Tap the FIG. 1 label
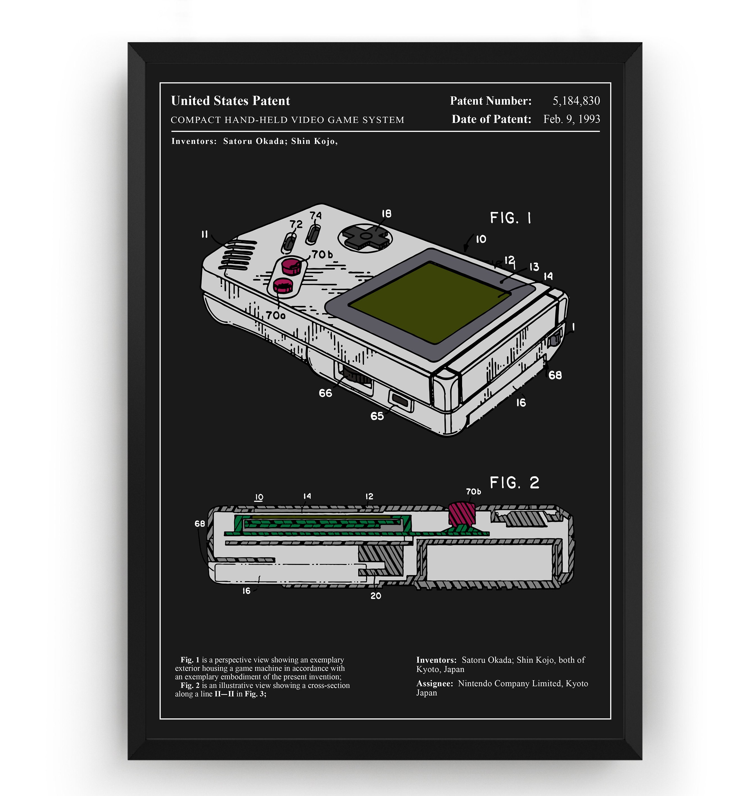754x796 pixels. click(510, 218)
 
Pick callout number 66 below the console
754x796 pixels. click(325, 393)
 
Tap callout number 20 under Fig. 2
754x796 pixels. click(376, 596)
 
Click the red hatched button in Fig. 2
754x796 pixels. click(461, 513)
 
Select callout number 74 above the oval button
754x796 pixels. click(316, 215)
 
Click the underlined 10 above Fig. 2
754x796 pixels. click(259, 497)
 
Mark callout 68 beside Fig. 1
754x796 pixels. click(555, 375)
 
